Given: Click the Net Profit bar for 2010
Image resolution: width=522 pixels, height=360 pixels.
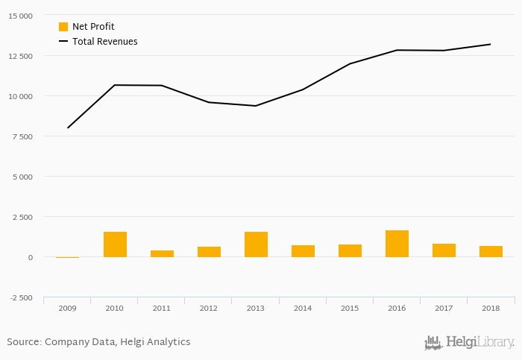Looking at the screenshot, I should click(x=115, y=244).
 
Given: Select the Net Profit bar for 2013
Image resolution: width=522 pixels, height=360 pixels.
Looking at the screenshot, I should click(x=256, y=244).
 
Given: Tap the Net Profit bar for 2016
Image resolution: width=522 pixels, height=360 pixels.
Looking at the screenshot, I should click(x=397, y=244).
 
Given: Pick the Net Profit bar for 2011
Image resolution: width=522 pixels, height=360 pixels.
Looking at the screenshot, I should click(x=162, y=253).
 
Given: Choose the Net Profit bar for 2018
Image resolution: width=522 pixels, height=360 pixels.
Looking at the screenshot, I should click(x=491, y=251).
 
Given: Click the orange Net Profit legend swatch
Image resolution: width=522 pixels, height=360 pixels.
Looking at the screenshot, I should click(x=63, y=27).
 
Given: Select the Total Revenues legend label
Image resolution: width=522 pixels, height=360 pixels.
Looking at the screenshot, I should click(x=104, y=42).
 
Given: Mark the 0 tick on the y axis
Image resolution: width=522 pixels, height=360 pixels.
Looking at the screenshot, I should click(x=30, y=257).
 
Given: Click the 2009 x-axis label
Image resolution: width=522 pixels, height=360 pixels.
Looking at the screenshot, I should click(x=67, y=307).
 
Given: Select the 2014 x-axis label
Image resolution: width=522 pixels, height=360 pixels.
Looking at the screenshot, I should click(x=303, y=307).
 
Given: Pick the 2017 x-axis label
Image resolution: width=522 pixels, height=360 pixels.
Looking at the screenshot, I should click(x=444, y=307).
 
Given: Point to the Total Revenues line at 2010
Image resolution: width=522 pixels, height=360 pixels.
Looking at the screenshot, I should click(x=115, y=85).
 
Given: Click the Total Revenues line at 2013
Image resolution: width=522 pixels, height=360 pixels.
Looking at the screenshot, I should click(x=256, y=106).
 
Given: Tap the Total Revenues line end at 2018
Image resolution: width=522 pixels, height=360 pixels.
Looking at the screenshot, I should click(x=491, y=44).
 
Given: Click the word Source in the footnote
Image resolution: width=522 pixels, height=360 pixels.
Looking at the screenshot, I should click(x=24, y=342).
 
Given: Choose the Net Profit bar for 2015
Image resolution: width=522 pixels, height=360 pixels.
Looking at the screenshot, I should click(x=350, y=250).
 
